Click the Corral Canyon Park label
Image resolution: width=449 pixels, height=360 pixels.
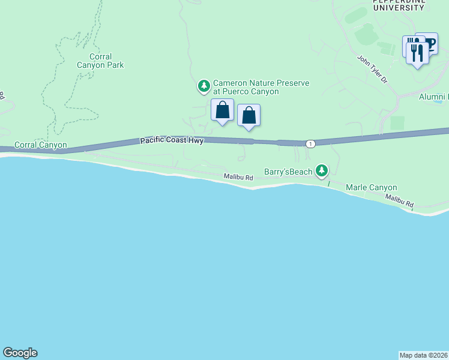(x=100, y=61)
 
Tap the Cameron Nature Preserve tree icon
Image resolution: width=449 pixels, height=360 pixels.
(x=204, y=86)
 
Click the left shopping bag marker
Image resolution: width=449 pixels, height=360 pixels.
(x=222, y=110)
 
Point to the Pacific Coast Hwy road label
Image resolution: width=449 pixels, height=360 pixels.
(x=172, y=140)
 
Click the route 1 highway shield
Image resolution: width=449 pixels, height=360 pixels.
(x=310, y=143)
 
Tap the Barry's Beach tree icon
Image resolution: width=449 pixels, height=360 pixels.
(x=322, y=172)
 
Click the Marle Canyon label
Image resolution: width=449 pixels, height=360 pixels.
(x=372, y=188)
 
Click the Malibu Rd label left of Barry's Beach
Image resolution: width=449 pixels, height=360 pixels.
(x=238, y=178)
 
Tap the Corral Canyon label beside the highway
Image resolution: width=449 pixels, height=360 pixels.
(x=40, y=145)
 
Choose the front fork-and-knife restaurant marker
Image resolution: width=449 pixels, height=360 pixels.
(x=417, y=52)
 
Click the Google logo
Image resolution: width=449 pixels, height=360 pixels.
(x=20, y=353)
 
